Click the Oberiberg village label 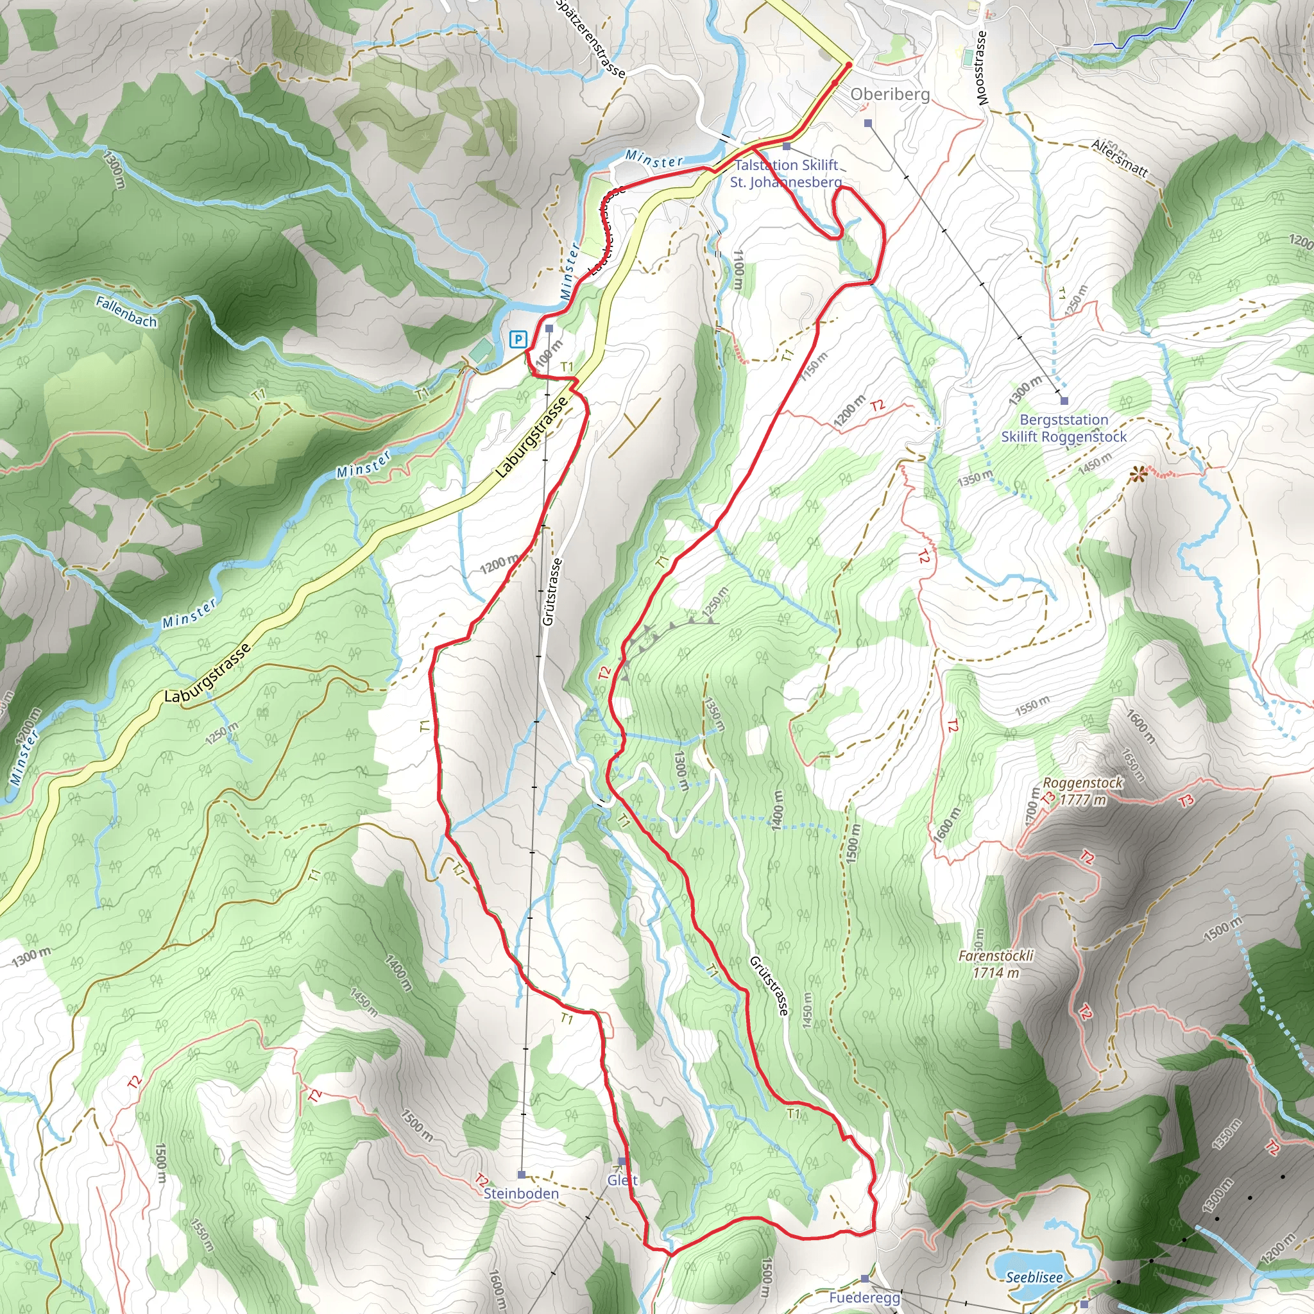click(890, 94)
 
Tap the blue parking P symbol click(519, 339)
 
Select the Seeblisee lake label click(1034, 1277)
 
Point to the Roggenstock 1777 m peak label click(1083, 791)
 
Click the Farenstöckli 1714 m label click(996, 964)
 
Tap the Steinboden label click(521, 1193)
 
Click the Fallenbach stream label click(126, 311)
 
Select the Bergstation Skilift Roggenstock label click(1064, 429)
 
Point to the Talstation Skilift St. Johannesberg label click(785, 173)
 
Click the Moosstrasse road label click(981, 68)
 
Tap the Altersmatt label click(1120, 158)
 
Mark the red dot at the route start click(849, 65)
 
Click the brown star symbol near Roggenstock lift click(1136, 475)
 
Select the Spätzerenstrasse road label click(590, 37)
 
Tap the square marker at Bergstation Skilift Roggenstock click(1064, 400)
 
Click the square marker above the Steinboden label click(522, 1175)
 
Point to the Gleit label click(622, 1180)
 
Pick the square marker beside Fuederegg click(864, 1278)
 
